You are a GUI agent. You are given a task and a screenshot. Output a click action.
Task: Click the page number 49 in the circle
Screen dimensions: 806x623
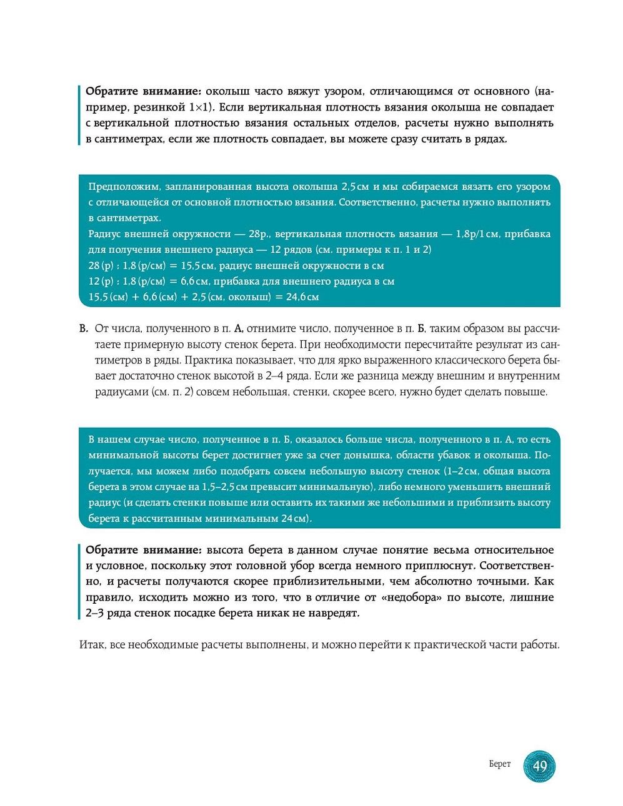coord(540,765)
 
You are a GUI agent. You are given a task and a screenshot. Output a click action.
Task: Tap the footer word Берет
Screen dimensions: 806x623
coord(499,764)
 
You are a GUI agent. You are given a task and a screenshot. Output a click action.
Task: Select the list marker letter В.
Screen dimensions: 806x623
coord(84,328)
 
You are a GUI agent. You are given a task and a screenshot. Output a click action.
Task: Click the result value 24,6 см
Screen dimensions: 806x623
coord(302,297)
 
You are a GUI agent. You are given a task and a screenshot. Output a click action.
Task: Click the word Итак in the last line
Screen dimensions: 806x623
coord(92,645)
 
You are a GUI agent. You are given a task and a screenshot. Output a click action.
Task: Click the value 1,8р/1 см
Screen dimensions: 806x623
coord(477,234)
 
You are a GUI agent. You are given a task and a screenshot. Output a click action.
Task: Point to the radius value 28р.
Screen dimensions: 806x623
coord(259,234)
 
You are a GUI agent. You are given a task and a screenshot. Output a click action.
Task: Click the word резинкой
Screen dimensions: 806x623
coord(159,107)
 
